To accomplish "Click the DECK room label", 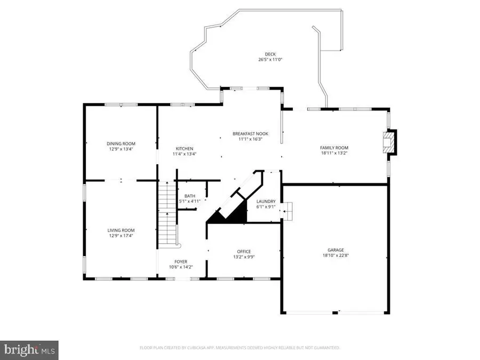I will point(270,54).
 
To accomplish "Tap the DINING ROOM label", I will point(121,143).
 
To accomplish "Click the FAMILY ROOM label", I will point(334,148).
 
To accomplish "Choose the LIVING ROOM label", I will point(121,230).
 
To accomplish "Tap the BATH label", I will point(190,196).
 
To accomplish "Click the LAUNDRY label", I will point(266,201).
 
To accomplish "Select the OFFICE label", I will point(244,251).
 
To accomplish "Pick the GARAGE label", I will point(335,250).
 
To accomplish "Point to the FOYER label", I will point(181,261).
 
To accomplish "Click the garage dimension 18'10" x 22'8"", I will point(335,255).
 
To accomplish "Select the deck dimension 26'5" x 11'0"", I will point(270,60).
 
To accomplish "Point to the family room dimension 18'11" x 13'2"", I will point(334,154).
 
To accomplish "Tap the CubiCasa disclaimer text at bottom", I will point(239,348).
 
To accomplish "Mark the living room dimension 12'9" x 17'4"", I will point(121,236).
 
